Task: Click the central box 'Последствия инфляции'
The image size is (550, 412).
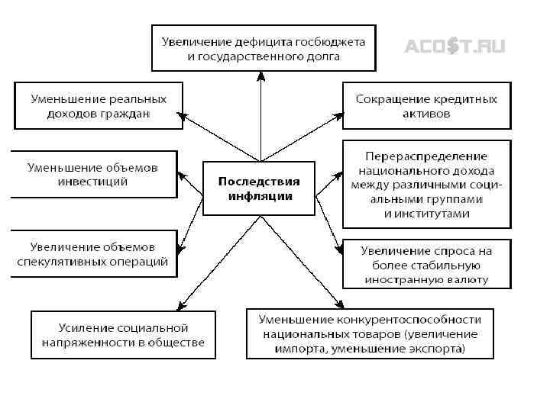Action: (x=259, y=188)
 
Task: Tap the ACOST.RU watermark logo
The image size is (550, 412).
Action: (x=455, y=47)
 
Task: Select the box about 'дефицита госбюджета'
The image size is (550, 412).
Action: (x=263, y=48)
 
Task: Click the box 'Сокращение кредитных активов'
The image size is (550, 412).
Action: (x=426, y=106)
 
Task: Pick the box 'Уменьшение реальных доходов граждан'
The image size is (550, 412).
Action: (x=99, y=106)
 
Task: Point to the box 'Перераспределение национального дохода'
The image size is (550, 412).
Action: (x=426, y=183)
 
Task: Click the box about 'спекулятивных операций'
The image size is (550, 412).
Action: (x=92, y=254)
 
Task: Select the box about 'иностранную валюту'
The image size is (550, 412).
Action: (x=426, y=265)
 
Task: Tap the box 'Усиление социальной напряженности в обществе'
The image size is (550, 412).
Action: (x=123, y=334)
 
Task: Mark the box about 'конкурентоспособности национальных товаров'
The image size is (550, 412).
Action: (x=370, y=333)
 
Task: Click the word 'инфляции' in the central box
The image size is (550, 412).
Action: (x=260, y=196)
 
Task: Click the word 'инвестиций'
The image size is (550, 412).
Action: (x=92, y=182)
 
